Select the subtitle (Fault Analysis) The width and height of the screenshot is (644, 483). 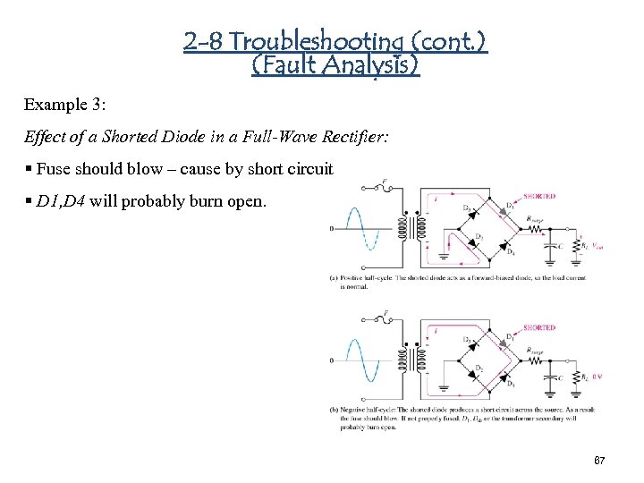(x=335, y=64)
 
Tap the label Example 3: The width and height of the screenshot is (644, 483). (x=64, y=105)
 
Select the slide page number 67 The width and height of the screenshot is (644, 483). (x=599, y=460)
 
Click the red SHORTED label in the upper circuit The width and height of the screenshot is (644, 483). (x=539, y=196)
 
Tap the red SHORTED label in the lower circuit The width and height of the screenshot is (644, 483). (x=539, y=327)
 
